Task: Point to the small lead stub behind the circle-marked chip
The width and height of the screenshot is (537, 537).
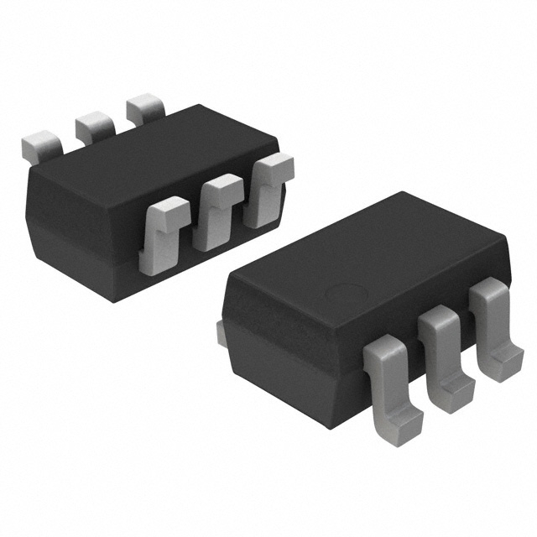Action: coord(222,332)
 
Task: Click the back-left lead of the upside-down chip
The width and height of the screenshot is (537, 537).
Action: coord(41,147)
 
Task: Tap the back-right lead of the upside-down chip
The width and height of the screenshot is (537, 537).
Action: coord(146,111)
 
